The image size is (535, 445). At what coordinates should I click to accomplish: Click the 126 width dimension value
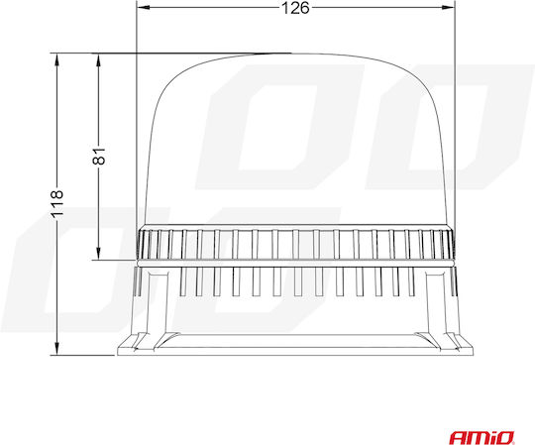(295, 8)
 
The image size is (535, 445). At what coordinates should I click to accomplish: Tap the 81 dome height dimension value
(99, 157)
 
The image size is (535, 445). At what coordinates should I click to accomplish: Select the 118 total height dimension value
(57, 204)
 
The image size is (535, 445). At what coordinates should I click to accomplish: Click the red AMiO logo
(481, 437)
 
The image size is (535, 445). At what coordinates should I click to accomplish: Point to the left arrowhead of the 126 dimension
(143, 8)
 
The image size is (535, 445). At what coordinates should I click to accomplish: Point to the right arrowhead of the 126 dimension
(449, 8)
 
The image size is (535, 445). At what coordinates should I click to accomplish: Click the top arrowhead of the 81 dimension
(98, 60)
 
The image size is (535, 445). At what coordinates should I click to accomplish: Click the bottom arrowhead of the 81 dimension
(98, 254)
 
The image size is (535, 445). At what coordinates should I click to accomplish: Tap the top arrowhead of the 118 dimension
(57, 60)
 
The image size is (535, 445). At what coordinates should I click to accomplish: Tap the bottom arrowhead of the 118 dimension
(57, 349)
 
